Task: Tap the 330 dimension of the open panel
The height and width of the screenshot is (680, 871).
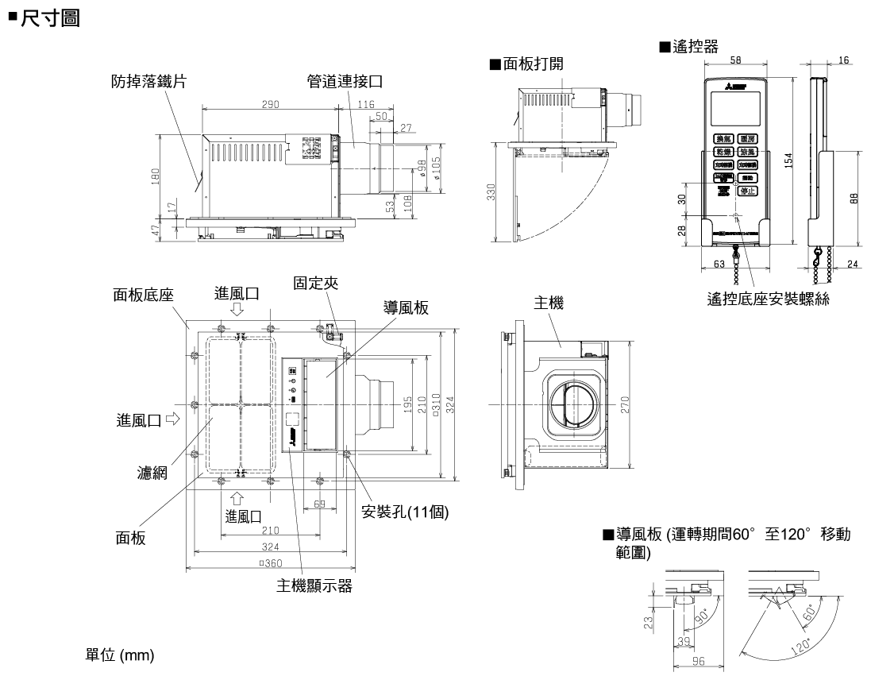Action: click(491, 193)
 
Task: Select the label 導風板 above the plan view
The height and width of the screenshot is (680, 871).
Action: click(401, 308)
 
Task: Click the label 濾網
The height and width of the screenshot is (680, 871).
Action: click(152, 474)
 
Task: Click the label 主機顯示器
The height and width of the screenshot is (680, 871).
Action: click(314, 586)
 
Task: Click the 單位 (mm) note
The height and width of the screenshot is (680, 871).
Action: click(120, 656)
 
